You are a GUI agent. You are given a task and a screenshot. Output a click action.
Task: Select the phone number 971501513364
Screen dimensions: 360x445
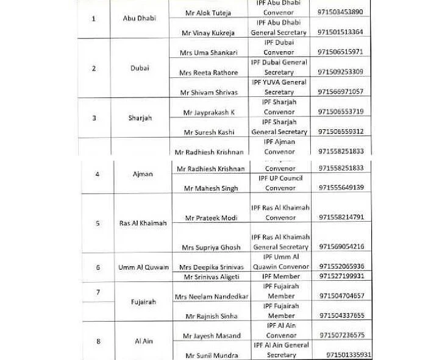(x=341, y=32)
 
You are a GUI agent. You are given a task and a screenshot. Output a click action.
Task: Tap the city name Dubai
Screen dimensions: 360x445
(x=140, y=68)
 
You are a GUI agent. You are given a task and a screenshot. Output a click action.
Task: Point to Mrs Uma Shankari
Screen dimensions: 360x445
(x=208, y=52)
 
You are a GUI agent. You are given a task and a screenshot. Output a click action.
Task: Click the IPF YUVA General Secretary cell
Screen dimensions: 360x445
(x=279, y=87)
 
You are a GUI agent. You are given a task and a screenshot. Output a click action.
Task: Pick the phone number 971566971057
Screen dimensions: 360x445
(x=341, y=92)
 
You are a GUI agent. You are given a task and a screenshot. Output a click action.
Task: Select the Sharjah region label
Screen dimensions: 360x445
(x=140, y=118)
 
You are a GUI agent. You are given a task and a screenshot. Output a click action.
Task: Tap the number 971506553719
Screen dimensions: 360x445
(x=341, y=112)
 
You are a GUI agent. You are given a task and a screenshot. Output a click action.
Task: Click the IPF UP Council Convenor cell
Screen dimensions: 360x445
(x=280, y=183)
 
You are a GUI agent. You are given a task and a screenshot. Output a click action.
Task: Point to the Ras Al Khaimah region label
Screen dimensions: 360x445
(x=143, y=223)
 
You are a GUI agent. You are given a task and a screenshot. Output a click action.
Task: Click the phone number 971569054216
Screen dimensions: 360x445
(x=341, y=247)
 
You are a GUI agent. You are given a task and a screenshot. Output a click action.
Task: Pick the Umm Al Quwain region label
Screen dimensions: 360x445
(x=144, y=267)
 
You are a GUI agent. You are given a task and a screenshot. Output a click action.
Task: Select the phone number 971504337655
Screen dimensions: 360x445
(x=341, y=316)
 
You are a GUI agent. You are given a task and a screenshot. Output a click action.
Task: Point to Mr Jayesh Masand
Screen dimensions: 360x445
(x=211, y=336)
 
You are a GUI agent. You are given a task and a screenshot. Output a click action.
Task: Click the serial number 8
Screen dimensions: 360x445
(x=98, y=341)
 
